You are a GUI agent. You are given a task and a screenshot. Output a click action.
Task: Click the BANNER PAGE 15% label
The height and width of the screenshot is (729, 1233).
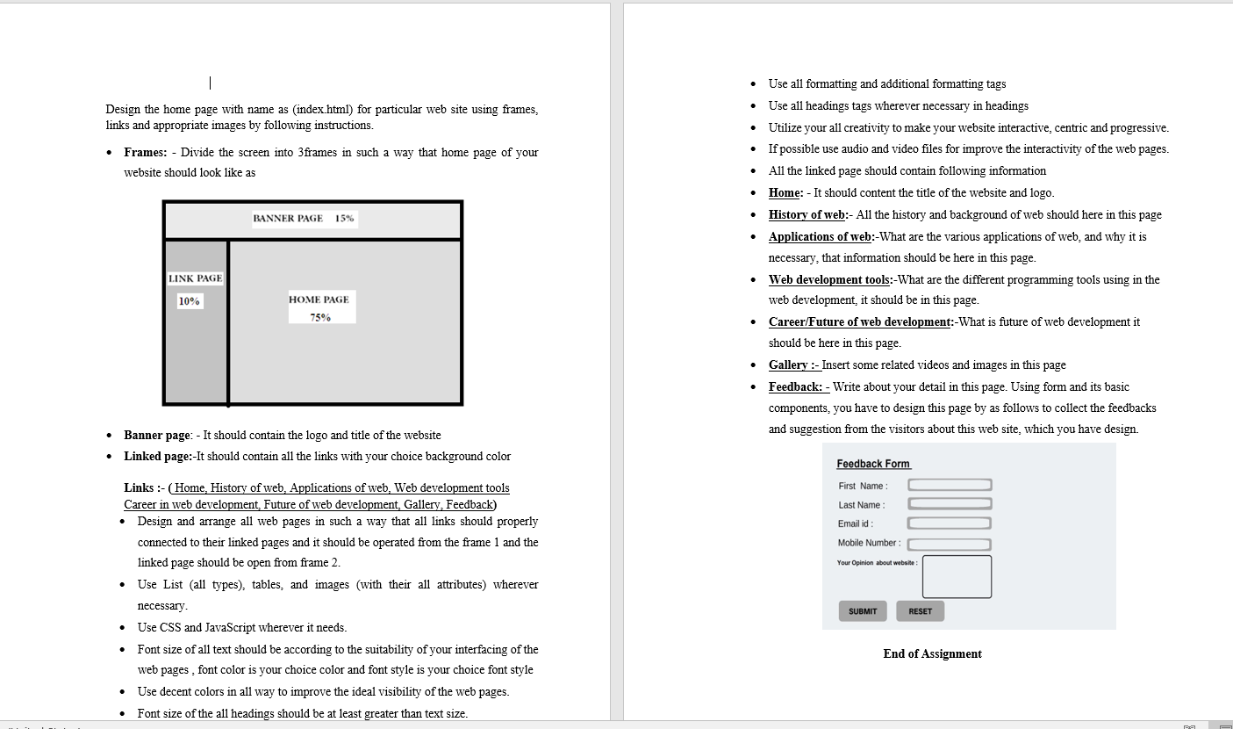[304, 218]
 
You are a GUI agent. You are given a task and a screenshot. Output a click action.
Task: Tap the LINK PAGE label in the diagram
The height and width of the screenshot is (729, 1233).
[196, 278]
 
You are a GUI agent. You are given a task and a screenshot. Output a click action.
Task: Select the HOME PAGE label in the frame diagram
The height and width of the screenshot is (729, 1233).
[319, 300]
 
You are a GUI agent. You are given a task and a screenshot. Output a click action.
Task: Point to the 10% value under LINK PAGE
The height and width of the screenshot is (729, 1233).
[189, 301]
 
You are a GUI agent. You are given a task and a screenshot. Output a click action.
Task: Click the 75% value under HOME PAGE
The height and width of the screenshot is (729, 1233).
[320, 317]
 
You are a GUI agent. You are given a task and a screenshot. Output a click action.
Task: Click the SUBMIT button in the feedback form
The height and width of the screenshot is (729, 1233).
[863, 611]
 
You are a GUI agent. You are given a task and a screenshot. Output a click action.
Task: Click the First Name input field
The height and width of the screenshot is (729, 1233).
[950, 485]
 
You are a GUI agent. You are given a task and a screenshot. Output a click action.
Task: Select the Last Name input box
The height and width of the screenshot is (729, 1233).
[950, 503]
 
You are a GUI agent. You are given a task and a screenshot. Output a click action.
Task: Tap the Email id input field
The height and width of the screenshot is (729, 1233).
[950, 523]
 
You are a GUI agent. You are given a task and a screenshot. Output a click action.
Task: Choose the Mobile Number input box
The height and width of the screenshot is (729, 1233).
[950, 544]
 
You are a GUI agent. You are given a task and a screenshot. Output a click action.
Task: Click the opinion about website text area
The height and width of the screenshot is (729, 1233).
[957, 576]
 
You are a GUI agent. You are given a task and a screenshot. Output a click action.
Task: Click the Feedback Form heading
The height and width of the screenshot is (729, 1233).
[873, 464]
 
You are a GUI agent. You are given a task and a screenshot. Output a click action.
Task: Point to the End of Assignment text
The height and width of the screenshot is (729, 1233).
[932, 653]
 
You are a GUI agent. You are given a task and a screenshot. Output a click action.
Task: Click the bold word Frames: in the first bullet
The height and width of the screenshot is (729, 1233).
[146, 152]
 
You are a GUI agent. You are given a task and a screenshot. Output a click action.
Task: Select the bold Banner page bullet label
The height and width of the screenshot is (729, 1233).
[156, 435]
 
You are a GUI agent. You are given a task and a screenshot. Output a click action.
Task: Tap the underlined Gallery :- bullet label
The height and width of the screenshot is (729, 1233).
[794, 364]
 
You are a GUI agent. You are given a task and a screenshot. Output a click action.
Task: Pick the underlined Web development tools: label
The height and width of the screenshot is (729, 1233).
[831, 279]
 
